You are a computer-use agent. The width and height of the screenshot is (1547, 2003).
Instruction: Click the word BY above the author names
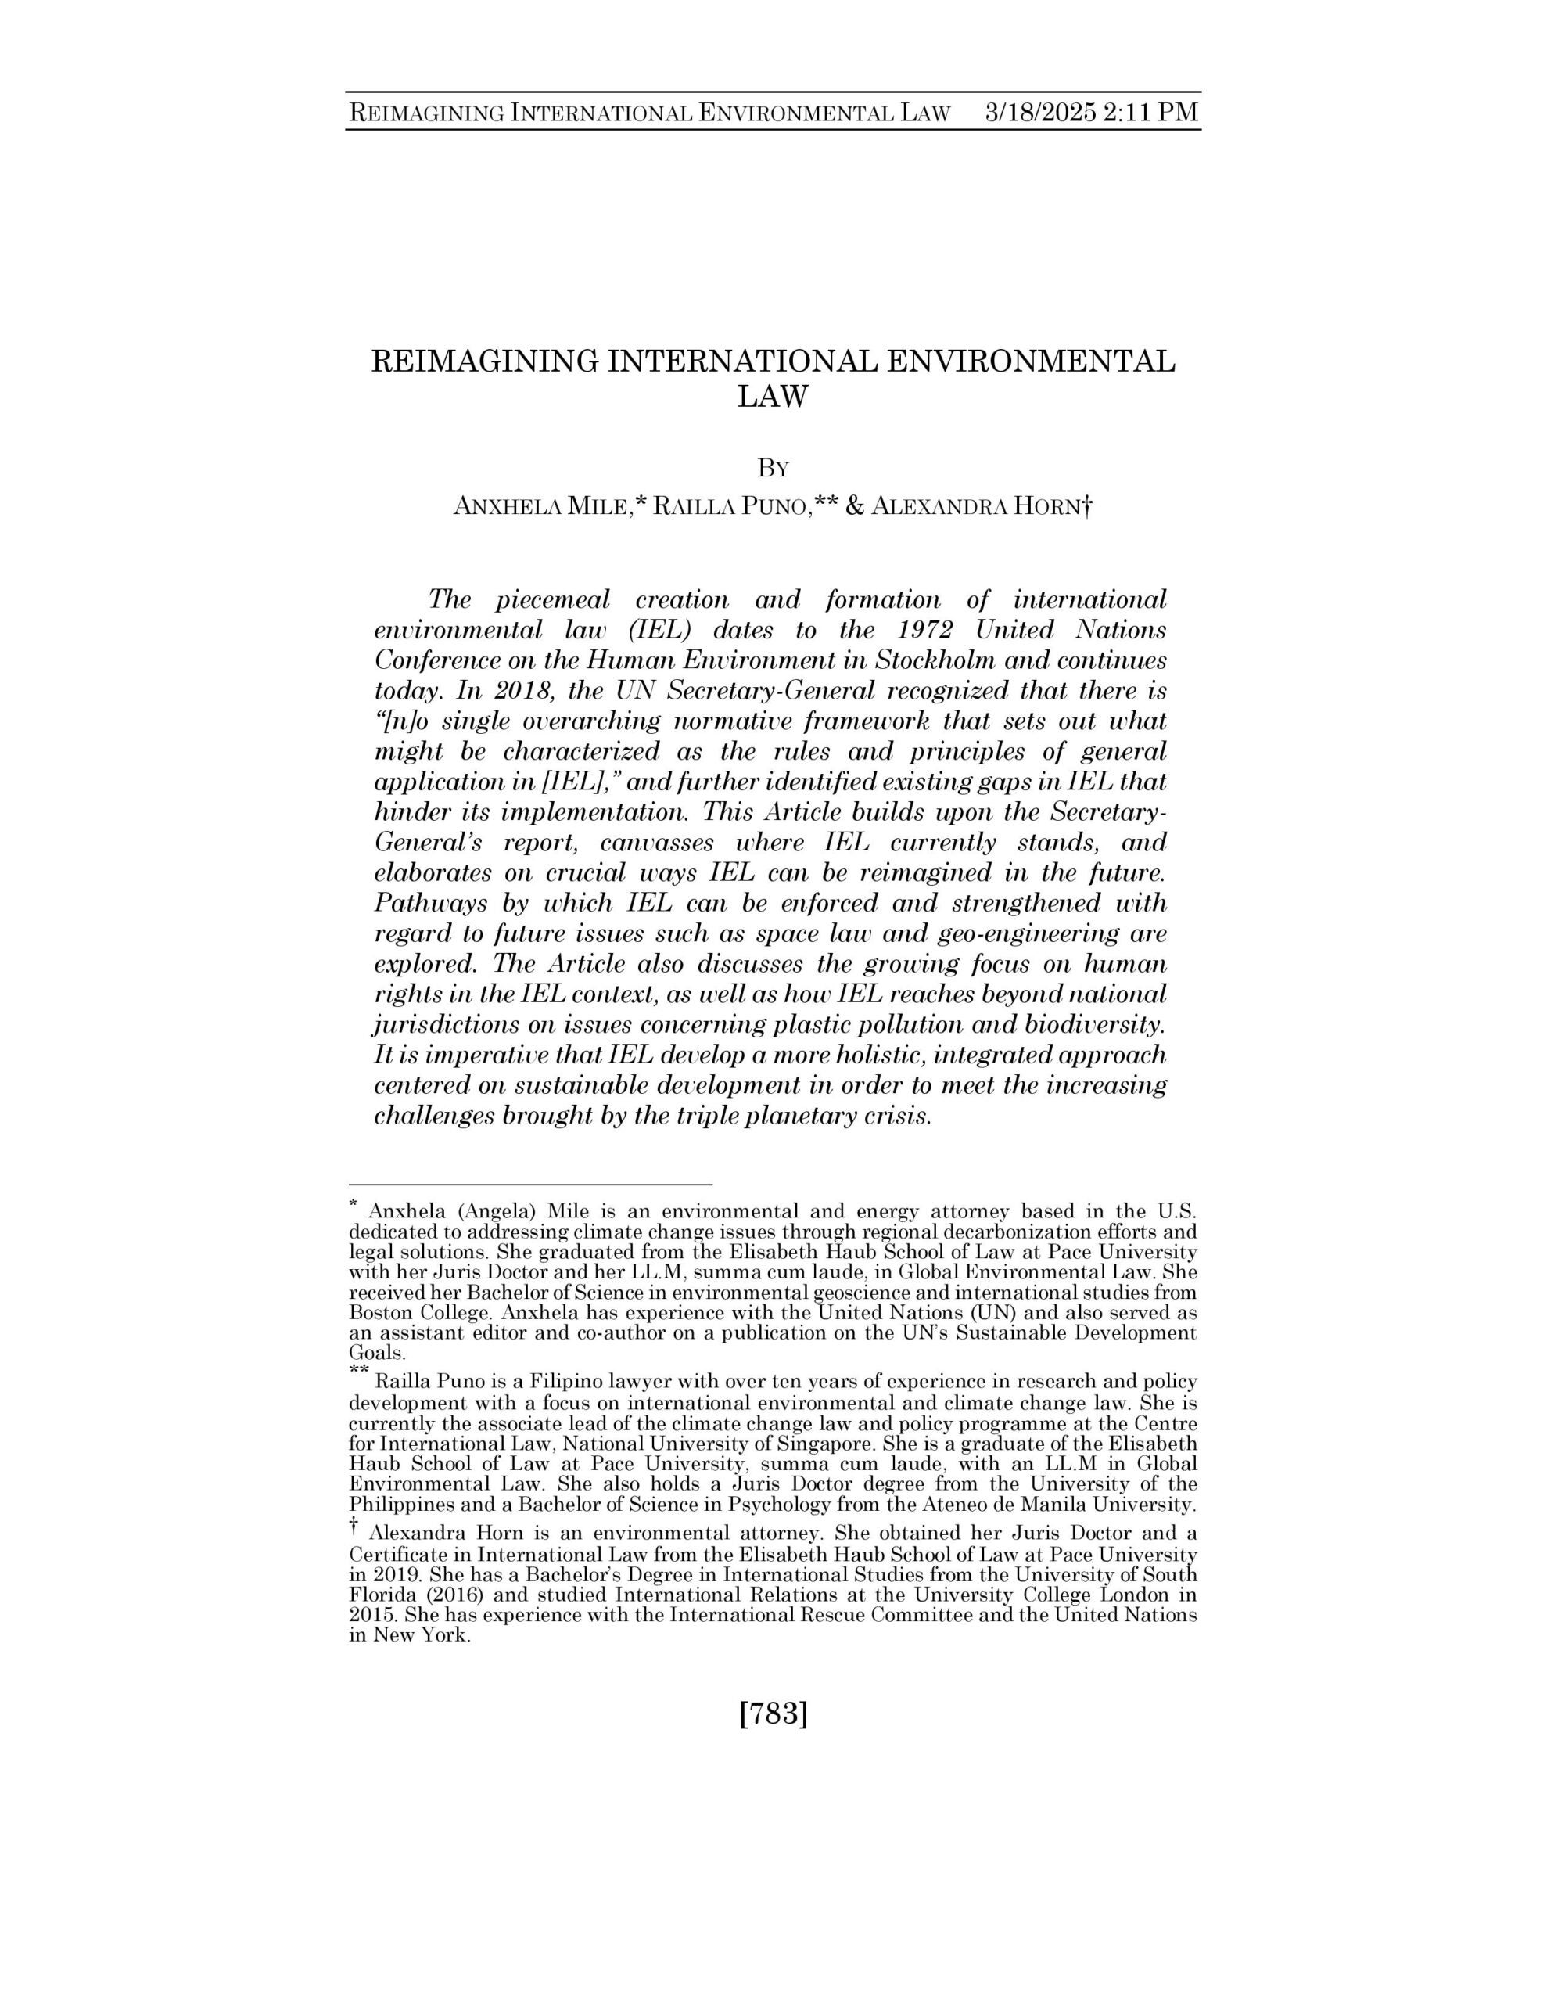coord(773,469)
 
